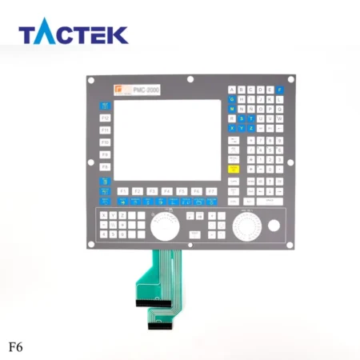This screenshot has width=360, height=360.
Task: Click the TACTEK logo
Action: tap(73, 34)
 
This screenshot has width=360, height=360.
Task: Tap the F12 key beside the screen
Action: tap(106, 117)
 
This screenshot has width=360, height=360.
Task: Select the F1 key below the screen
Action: tap(122, 191)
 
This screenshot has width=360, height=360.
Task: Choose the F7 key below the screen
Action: tap(211, 191)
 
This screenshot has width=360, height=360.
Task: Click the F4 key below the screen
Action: tap(167, 191)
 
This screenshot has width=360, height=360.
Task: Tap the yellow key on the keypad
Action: tap(233, 169)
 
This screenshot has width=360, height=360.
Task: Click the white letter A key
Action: tap(232, 90)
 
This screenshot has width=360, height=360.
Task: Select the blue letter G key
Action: tap(232, 99)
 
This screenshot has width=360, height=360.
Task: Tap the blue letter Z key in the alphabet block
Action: tap(251, 128)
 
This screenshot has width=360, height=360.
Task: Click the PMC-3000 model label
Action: tap(146, 90)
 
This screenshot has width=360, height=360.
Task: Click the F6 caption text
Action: tap(15, 348)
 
